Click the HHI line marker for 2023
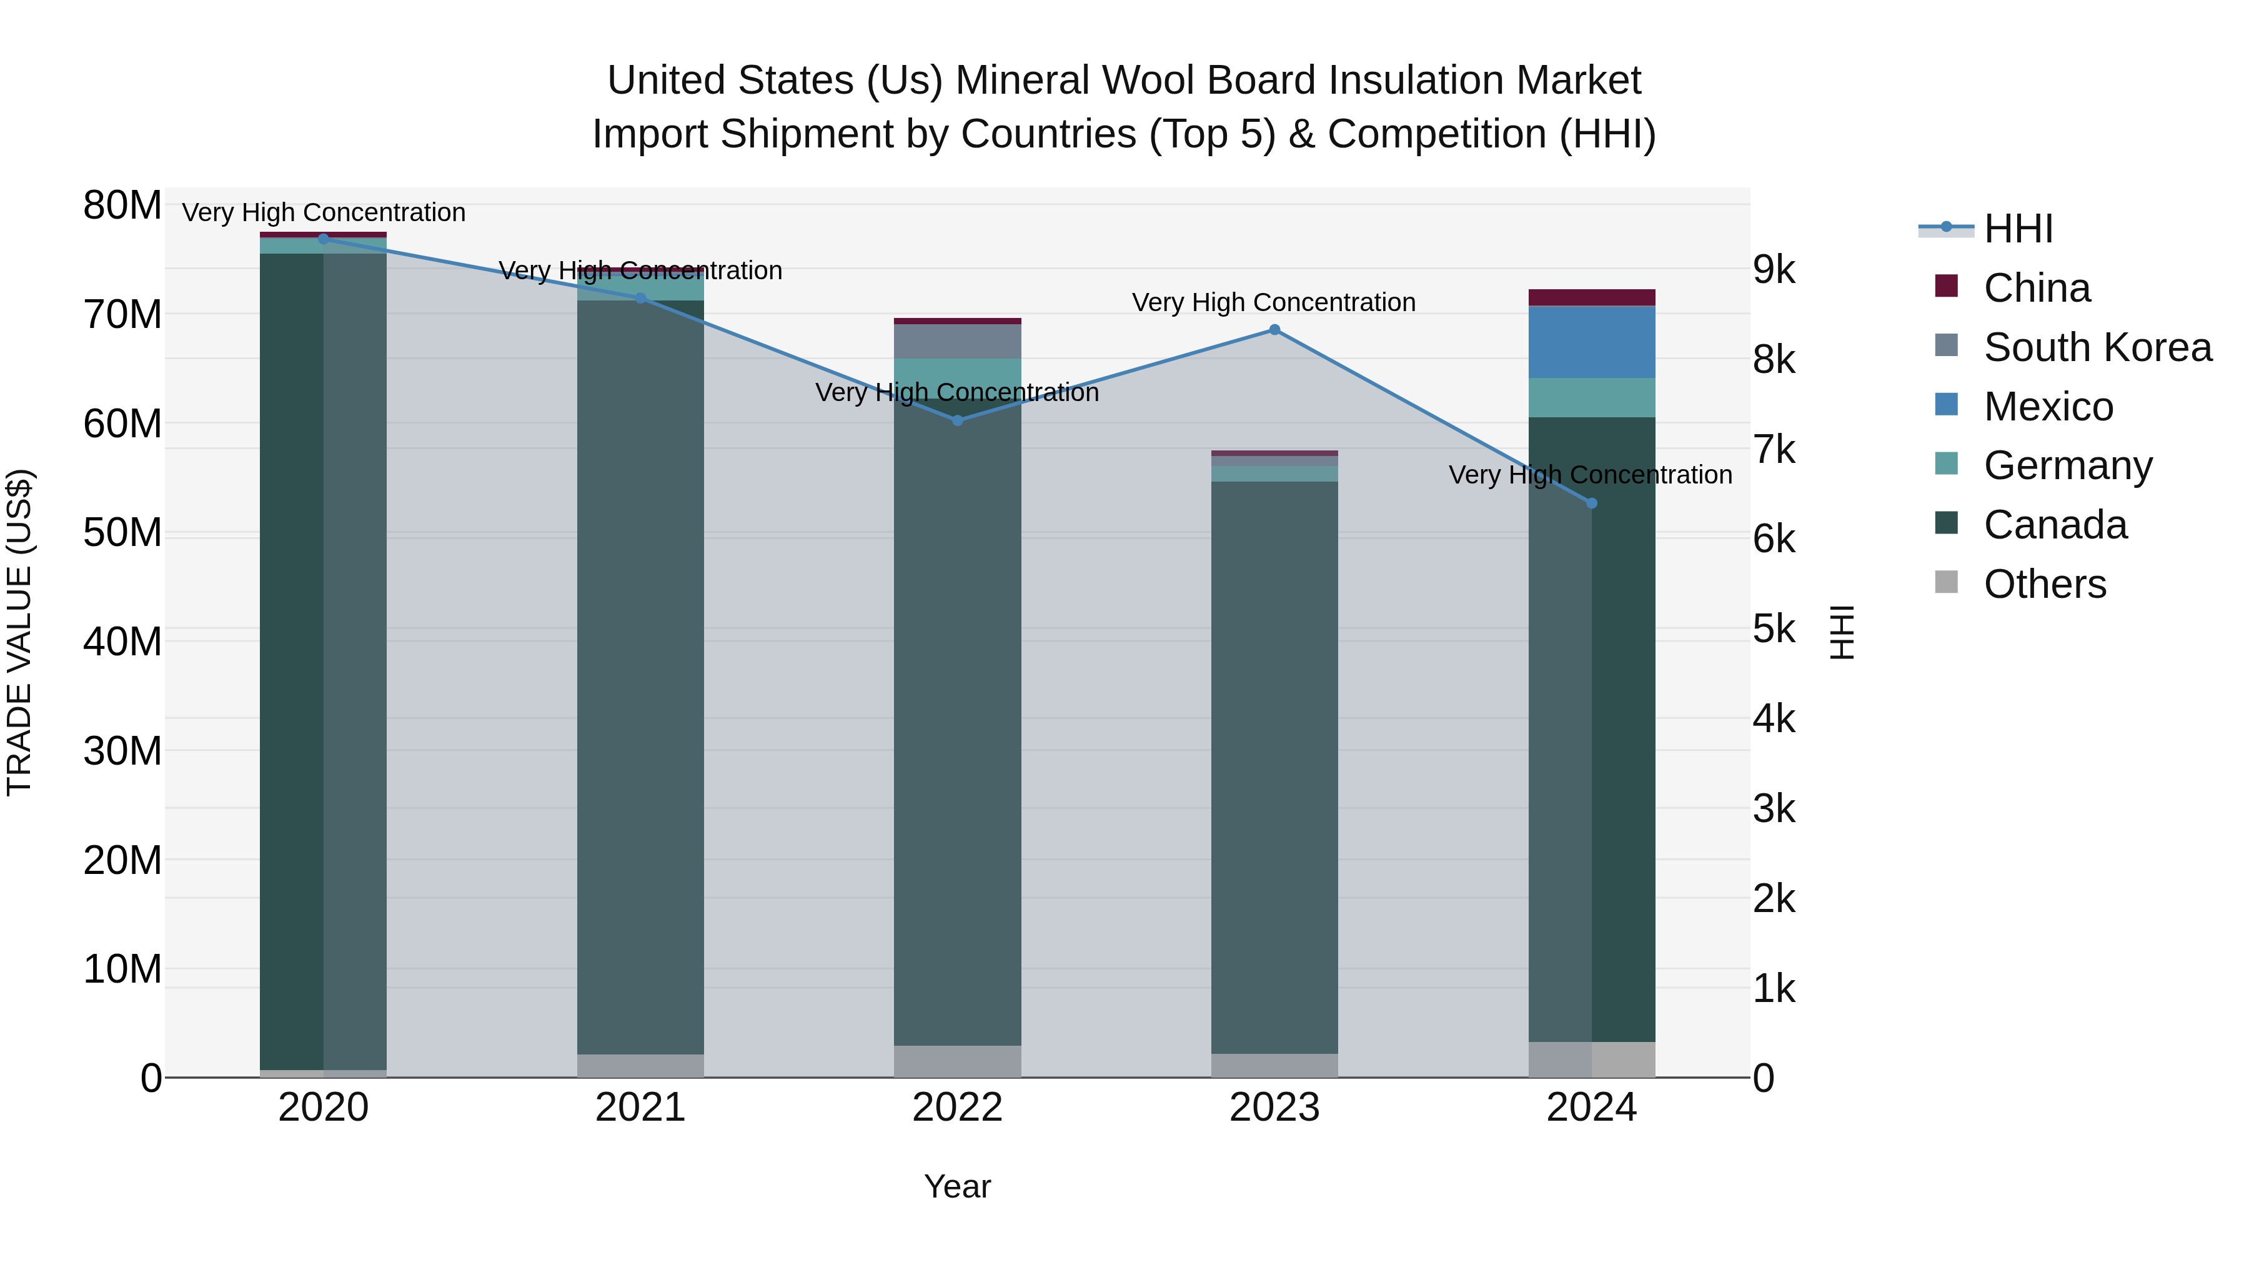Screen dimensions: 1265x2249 pos(1274,330)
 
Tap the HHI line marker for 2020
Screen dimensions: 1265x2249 pos(323,239)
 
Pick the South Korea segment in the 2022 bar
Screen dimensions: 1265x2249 pos(957,341)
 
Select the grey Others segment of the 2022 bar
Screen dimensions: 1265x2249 pos(957,1061)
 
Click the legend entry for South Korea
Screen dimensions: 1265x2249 pos(2097,347)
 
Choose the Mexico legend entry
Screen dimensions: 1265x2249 pos(2048,407)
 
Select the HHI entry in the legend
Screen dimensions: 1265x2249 pos(2018,229)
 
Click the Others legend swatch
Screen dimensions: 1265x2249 pos(1946,582)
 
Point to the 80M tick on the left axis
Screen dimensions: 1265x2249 pos(122,206)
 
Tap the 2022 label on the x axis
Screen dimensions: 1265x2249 pos(957,1108)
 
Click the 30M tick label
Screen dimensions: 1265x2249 pos(122,751)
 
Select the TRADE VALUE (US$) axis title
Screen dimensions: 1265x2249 pos(19,632)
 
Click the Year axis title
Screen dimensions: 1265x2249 pos(957,1186)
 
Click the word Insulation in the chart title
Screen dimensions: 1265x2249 pos(1421,81)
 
